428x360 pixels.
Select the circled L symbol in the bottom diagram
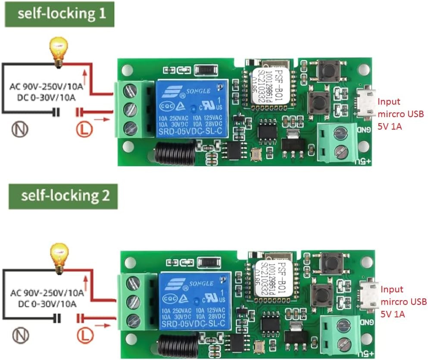(x=84, y=334)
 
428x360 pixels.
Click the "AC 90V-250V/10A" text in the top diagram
(x=46, y=87)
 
